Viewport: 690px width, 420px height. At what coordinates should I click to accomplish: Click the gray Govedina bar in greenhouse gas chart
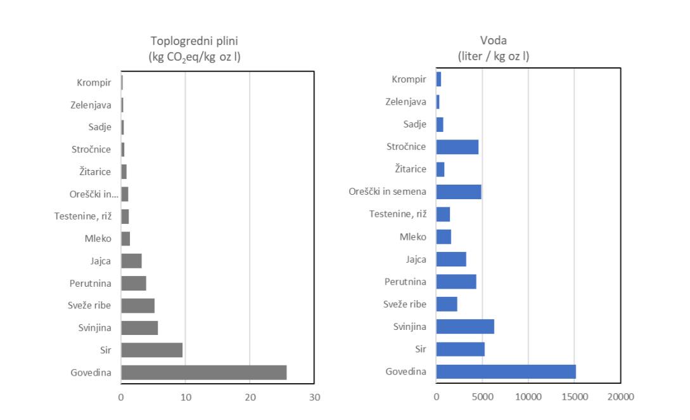click(x=204, y=372)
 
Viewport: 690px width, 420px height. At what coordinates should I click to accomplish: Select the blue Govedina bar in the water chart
click(x=506, y=372)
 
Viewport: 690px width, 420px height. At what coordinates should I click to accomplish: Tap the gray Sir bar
click(x=152, y=350)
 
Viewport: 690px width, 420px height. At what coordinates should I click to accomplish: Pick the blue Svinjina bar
click(x=465, y=327)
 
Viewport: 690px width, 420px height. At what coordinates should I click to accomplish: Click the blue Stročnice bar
click(x=457, y=147)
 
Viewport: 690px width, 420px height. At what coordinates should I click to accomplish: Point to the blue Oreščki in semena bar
click(x=459, y=192)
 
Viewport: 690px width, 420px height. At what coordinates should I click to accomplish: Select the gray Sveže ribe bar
click(x=137, y=305)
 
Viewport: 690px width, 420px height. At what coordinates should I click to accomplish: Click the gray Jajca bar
click(x=132, y=261)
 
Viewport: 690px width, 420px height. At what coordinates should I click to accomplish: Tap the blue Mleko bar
click(x=444, y=237)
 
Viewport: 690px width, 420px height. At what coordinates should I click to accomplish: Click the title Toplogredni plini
click(x=194, y=41)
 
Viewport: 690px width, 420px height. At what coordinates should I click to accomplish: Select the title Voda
click(x=494, y=41)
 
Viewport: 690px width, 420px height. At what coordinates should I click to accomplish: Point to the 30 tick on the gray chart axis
click(x=314, y=397)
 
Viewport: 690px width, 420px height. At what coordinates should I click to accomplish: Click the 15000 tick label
click(x=575, y=397)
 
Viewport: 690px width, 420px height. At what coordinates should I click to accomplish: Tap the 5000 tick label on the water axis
click(x=482, y=397)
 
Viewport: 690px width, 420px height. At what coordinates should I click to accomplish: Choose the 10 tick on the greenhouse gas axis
click(x=186, y=397)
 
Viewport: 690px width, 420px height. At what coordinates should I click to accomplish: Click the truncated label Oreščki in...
click(x=94, y=194)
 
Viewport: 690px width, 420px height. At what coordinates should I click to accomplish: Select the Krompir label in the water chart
click(x=409, y=79)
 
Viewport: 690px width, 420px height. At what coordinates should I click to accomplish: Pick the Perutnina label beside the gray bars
click(x=90, y=284)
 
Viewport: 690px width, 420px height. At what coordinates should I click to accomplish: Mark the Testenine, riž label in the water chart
click(x=398, y=214)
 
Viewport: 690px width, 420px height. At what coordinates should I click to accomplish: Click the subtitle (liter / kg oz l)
click(x=494, y=56)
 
